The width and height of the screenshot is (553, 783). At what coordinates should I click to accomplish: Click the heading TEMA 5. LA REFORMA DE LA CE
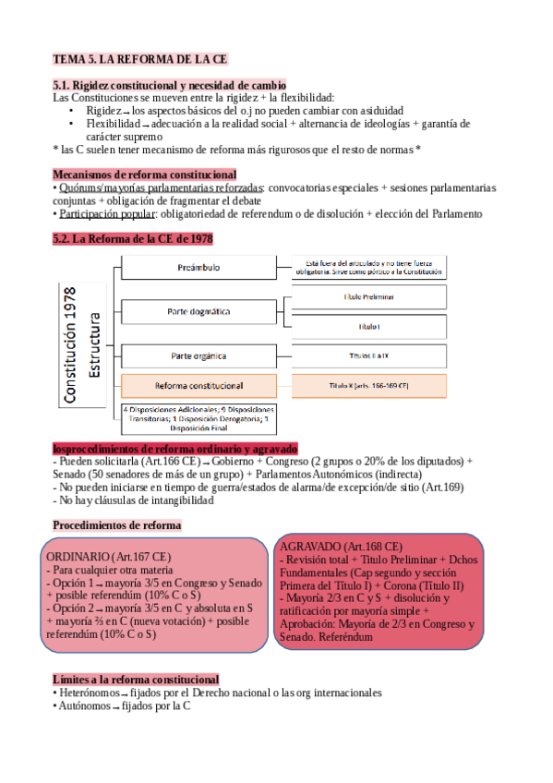(x=140, y=58)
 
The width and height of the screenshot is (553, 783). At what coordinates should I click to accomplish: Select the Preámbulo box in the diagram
(x=199, y=267)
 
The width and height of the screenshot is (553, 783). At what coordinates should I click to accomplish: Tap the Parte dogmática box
(x=199, y=311)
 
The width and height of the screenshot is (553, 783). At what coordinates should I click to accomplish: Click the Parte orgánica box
(x=199, y=355)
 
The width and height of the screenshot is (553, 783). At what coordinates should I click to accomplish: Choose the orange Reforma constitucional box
(x=199, y=385)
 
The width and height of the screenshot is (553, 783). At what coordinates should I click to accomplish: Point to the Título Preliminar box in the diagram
(x=368, y=297)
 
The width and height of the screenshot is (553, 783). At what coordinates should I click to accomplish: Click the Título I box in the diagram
(x=368, y=326)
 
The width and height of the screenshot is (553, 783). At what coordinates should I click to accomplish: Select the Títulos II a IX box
(x=368, y=355)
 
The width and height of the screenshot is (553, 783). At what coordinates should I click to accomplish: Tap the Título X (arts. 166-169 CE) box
(x=368, y=385)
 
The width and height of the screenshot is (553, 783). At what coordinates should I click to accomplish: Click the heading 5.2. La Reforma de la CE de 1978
(x=133, y=238)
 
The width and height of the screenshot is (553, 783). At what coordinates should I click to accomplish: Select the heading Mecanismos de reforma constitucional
(x=144, y=174)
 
